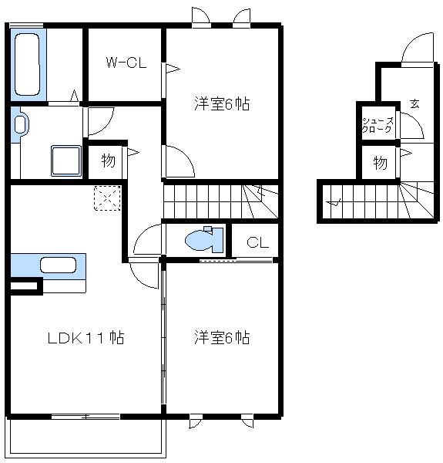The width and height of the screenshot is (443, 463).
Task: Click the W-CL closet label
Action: pos(126,64)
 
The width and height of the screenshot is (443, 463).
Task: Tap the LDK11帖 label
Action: pos(86,337)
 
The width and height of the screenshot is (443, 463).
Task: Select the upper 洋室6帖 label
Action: pos(222,103)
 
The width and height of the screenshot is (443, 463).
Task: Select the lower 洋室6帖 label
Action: pos(222,337)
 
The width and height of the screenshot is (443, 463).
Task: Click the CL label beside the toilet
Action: pos(257,242)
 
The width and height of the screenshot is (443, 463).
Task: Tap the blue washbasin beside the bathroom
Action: pos(19,126)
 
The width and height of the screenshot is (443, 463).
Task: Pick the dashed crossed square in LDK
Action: pos(106,198)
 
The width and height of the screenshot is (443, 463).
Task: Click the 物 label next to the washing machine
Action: pos(108,161)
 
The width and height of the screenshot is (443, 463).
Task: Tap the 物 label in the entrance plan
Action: pos(381,162)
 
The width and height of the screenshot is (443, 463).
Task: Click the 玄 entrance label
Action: pos(414,103)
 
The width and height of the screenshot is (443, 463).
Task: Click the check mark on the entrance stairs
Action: pos(334,203)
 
